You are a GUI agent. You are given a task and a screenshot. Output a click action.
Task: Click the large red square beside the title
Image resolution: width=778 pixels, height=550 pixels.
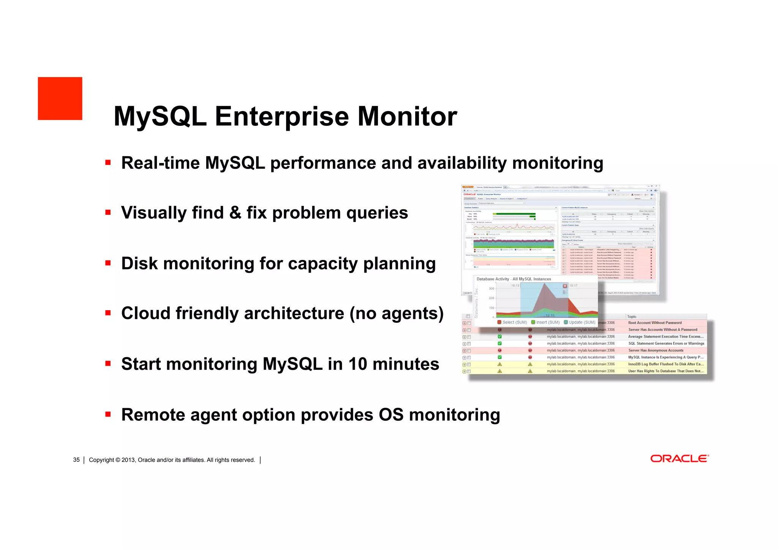point(60,98)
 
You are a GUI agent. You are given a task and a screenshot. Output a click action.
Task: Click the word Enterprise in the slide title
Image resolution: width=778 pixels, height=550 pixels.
point(281,116)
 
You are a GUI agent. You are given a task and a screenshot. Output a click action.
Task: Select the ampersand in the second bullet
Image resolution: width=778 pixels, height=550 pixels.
point(236,212)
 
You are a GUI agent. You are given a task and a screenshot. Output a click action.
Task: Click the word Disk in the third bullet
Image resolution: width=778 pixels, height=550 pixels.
point(139,263)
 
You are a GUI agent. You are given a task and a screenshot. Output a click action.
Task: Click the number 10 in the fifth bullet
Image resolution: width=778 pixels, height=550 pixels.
point(357,364)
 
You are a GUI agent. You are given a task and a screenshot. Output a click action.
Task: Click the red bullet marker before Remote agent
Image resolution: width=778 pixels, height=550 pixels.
point(108,414)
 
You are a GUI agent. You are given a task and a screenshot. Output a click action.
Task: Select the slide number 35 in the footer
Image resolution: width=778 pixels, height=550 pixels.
point(76,460)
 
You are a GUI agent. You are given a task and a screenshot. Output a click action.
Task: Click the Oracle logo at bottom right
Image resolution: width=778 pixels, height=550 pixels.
point(679,459)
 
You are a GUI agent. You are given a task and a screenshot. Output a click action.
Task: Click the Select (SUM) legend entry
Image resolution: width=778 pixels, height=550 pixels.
point(512,322)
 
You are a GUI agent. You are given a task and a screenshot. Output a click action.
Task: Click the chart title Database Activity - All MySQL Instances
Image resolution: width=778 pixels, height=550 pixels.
point(514,279)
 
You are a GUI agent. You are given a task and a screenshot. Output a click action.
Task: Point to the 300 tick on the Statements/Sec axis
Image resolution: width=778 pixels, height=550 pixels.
point(491,288)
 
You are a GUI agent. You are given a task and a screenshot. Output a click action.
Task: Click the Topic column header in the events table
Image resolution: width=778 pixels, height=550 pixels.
point(632,317)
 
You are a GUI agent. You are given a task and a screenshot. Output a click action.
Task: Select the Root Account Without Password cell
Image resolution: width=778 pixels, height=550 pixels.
point(655,323)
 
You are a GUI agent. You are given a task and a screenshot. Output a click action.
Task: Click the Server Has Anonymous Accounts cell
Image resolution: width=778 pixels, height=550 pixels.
point(655,350)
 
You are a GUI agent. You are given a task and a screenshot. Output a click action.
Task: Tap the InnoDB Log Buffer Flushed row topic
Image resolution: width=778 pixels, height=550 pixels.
point(665,364)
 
